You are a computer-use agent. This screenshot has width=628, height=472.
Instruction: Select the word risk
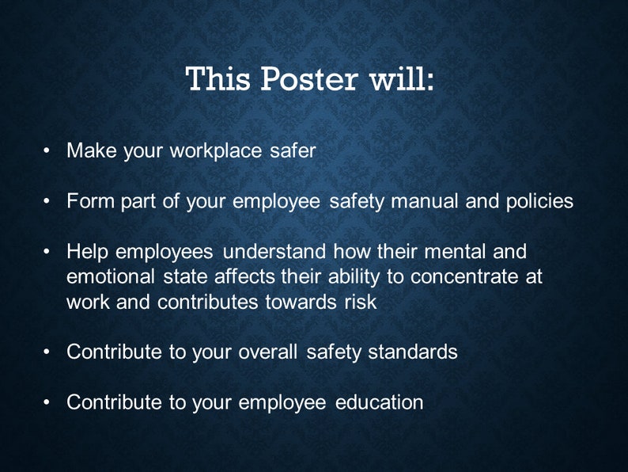[x=360, y=302]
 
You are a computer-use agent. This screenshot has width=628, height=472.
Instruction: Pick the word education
[x=380, y=402]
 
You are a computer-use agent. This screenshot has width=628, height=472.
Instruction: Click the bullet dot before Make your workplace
[x=48, y=150]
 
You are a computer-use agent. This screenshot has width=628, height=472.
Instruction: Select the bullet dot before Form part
[x=48, y=201]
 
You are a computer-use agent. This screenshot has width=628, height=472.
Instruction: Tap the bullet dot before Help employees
[x=48, y=252]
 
